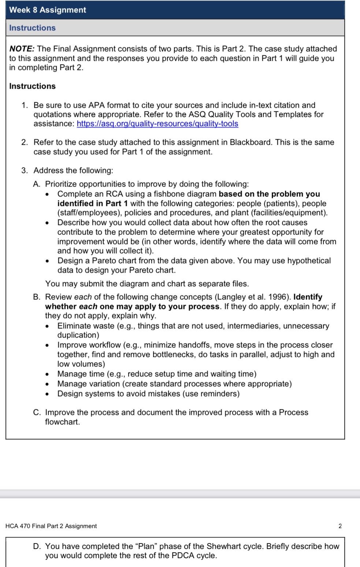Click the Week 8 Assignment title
pyautogui.click(x=48, y=10)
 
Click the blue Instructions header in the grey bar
pyautogui.click(x=32, y=28)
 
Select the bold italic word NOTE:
pyautogui.click(x=22, y=49)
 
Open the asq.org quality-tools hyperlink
pyautogui.click(x=157, y=124)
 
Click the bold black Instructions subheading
pyautogui.click(x=32, y=86)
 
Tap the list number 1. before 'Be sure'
pyautogui.click(x=25, y=105)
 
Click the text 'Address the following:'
pyautogui.click(x=73, y=170)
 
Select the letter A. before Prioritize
pyautogui.click(x=37, y=184)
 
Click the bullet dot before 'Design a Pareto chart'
pyautogui.click(x=47, y=261)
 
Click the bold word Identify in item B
pyautogui.click(x=308, y=297)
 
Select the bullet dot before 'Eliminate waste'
pyautogui.click(x=47, y=326)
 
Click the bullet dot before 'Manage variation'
pyautogui.click(x=47, y=384)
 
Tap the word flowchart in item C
pyautogui.click(x=62, y=422)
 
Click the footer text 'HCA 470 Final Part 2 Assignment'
pyautogui.click(x=51, y=526)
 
